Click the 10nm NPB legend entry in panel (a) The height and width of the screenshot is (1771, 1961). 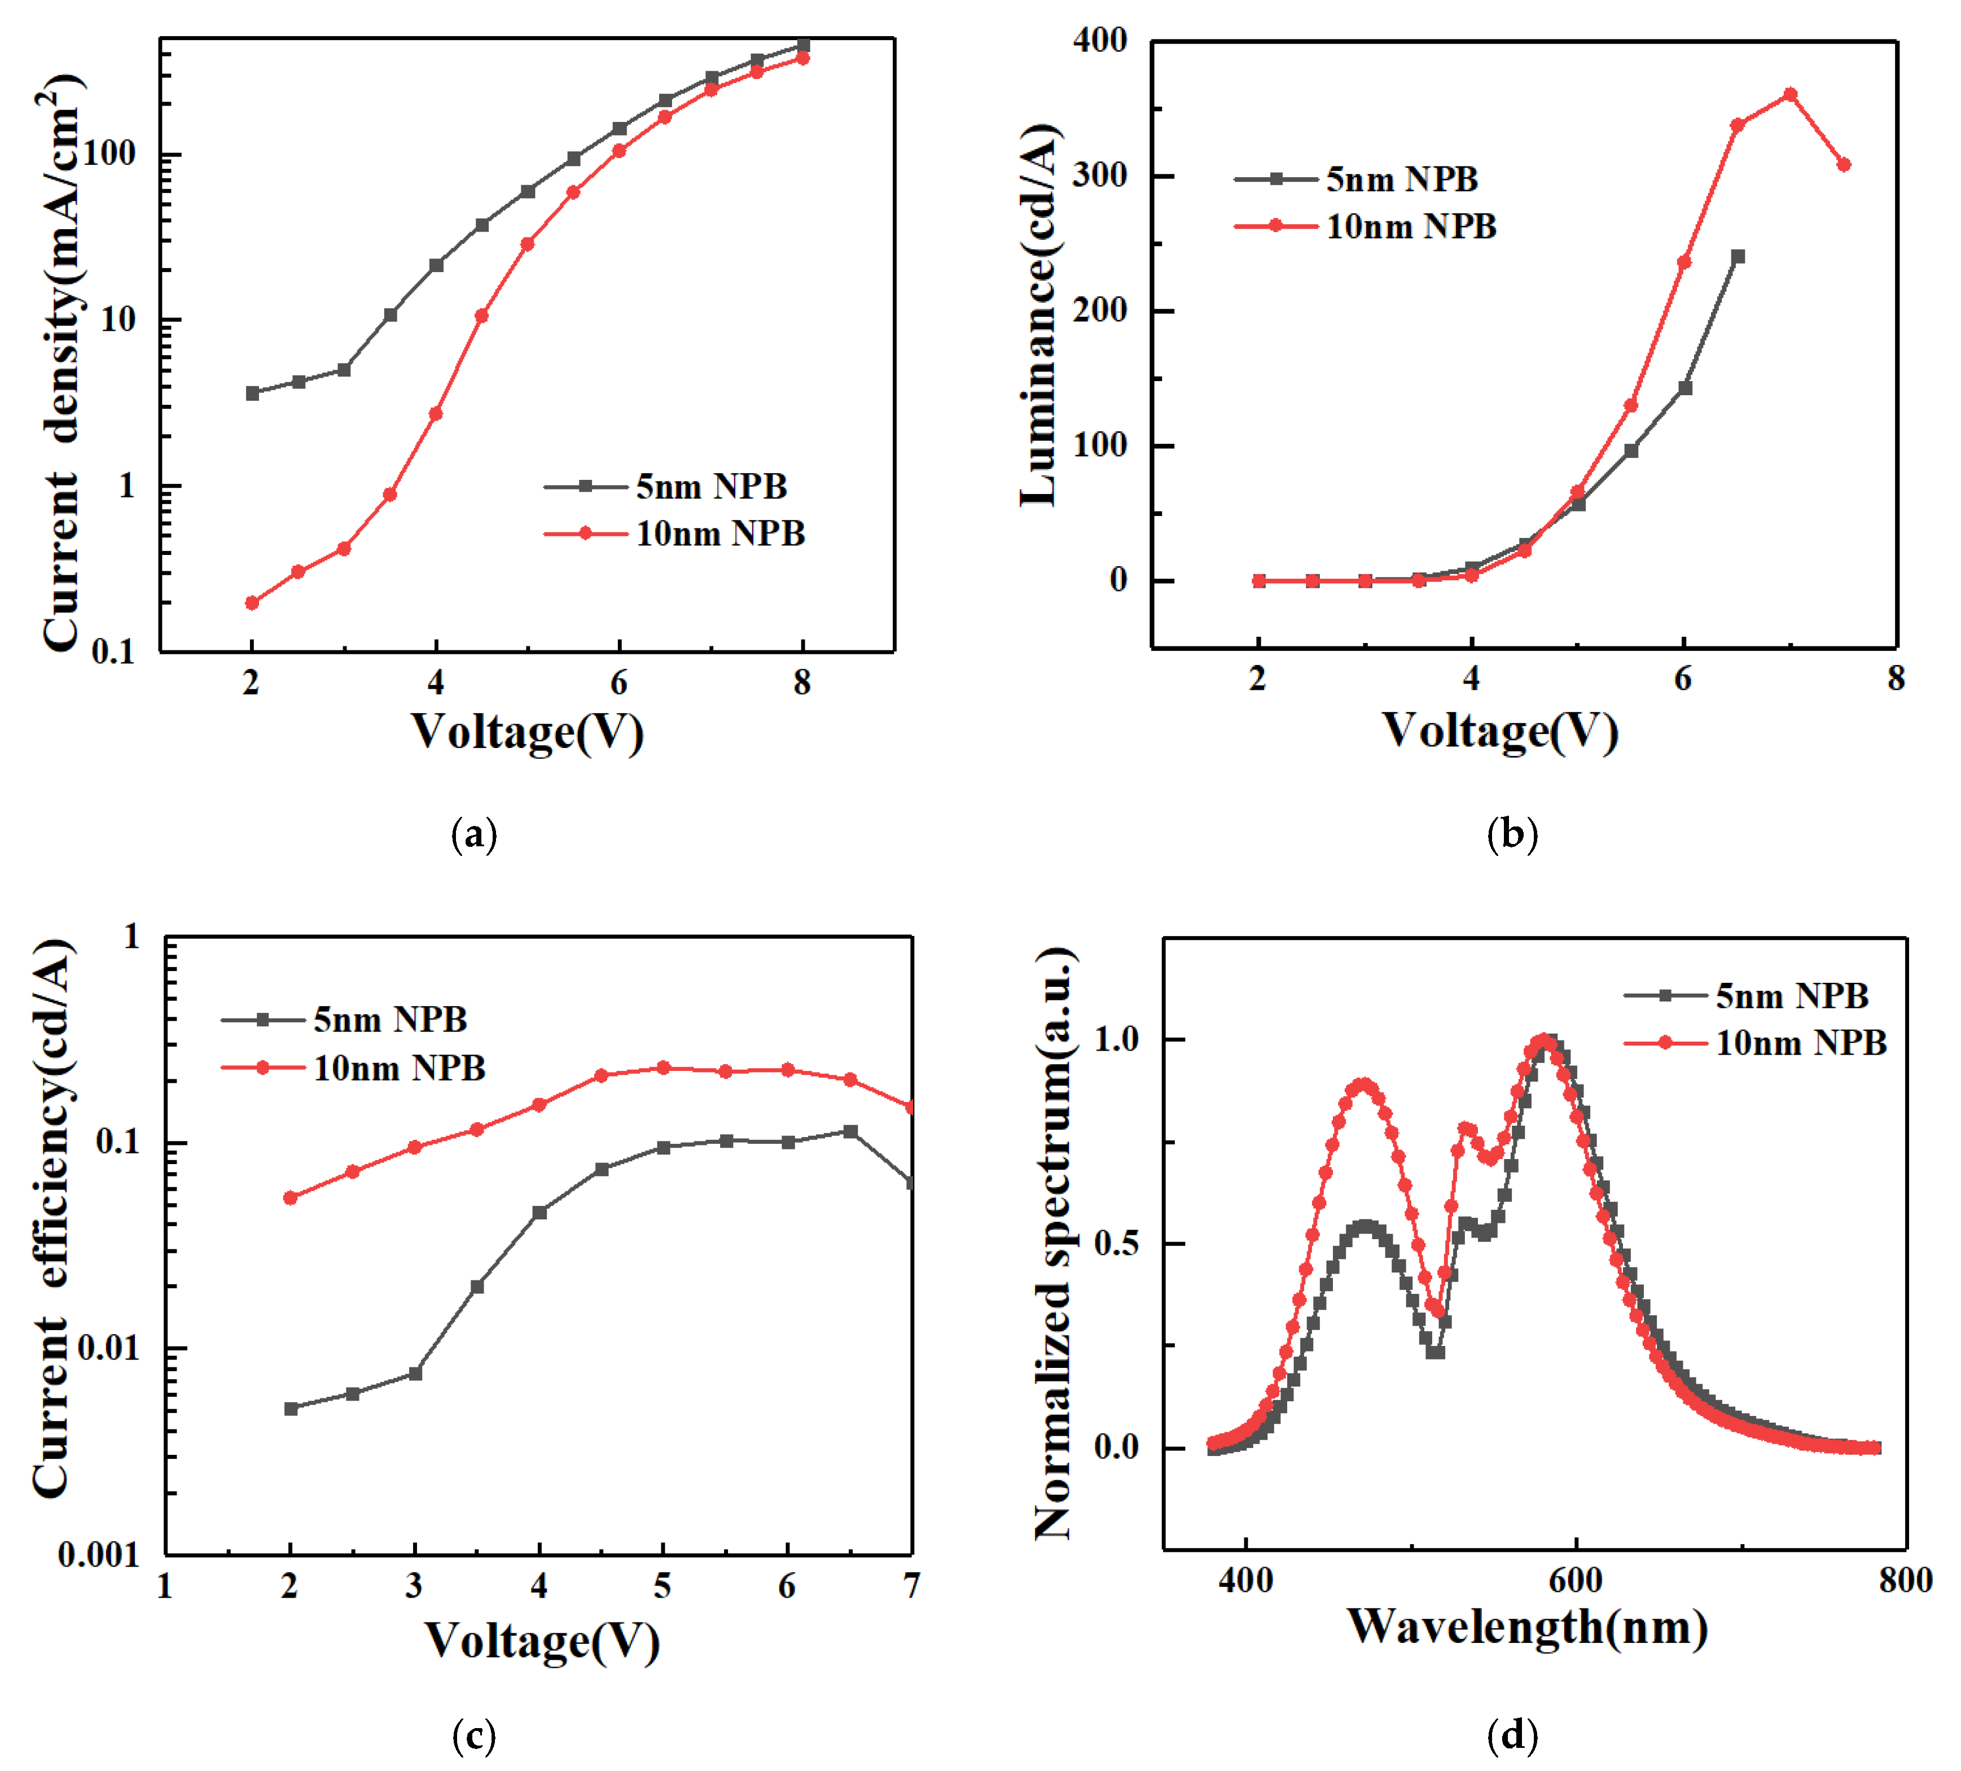coord(720,534)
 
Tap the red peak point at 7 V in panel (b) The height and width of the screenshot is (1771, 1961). coord(1790,94)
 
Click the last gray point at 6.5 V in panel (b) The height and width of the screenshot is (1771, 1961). coord(1738,257)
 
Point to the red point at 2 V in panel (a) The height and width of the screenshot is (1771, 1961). coord(252,604)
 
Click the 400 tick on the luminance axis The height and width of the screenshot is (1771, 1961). coord(1100,41)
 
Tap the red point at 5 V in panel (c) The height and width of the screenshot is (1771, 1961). coord(664,1069)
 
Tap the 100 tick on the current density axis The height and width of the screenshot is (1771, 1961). coord(109,154)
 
